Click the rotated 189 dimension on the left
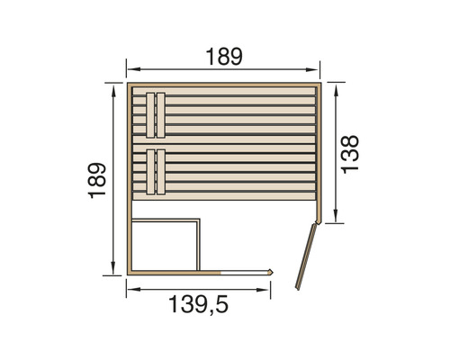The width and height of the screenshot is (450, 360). pyautogui.click(x=98, y=179)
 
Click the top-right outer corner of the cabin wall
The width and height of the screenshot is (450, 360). pyautogui.click(x=321, y=84)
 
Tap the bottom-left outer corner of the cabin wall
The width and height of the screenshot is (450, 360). pyautogui.click(x=127, y=274)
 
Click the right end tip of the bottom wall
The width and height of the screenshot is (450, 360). pyautogui.click(x=273, y=271)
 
